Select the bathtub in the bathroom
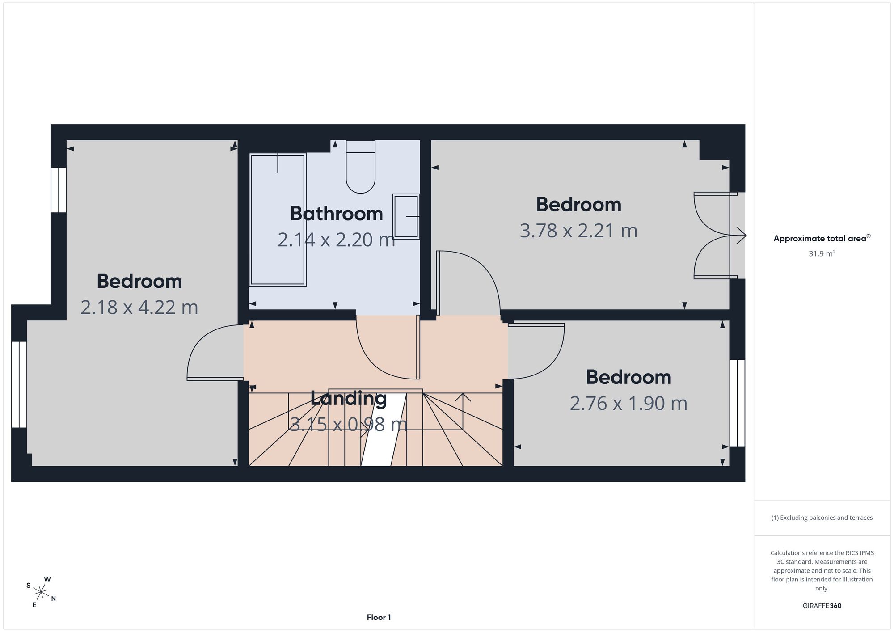coord(278,220)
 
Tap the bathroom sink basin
coord(406,216)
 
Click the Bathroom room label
coord(336,214)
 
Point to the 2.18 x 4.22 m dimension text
coord(139,308)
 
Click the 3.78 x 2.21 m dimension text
coord(578,231)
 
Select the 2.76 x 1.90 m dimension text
coord(628,403)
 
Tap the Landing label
coord(349,398)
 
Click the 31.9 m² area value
coord(822,253)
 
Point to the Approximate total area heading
coord(822,238)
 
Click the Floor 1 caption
coord(379,617)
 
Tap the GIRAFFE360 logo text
coord(822,606)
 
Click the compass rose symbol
coord(41,593)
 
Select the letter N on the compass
coord(53,599)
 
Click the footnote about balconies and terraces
coord(822,518)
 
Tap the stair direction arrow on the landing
coord(463,411)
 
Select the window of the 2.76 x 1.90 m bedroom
coord(738,403)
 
